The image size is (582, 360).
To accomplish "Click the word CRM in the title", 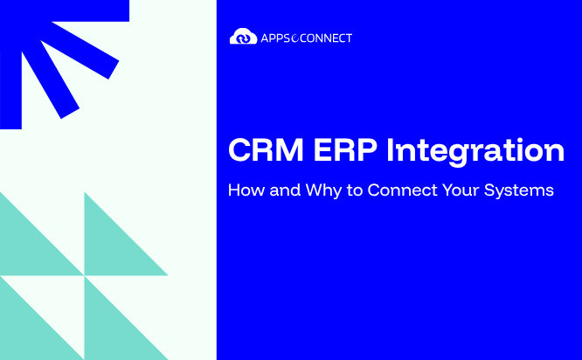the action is [x=267, y=150].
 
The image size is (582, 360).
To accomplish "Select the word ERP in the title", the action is [x=345, y=150].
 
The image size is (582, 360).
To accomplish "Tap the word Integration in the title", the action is [x=475, y=152].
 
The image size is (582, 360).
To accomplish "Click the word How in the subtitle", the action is [x=246, y=190].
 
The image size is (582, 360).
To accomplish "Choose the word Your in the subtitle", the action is [x=461, y=190].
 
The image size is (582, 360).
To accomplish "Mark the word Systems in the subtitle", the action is [x=519, y=191].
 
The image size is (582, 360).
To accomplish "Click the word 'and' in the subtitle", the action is [x=285, y=190].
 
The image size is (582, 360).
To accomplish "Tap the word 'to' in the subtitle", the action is [x=355, y=190].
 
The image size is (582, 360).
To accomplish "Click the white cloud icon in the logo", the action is [x=243, y=37].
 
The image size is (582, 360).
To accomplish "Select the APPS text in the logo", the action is [x=275, y=38].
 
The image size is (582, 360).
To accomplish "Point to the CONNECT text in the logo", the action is [x=326, y=38].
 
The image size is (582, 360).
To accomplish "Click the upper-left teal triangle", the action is [x=28, y=247].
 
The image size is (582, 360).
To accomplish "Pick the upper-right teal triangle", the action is [x=112, y=247].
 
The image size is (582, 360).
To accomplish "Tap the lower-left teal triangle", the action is [x=28, y=332].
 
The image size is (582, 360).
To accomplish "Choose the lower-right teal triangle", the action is [x=112, y=332].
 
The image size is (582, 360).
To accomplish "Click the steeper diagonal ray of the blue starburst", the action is [x=51, y=80].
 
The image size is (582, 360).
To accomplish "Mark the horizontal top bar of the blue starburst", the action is [x=65, y=10].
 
